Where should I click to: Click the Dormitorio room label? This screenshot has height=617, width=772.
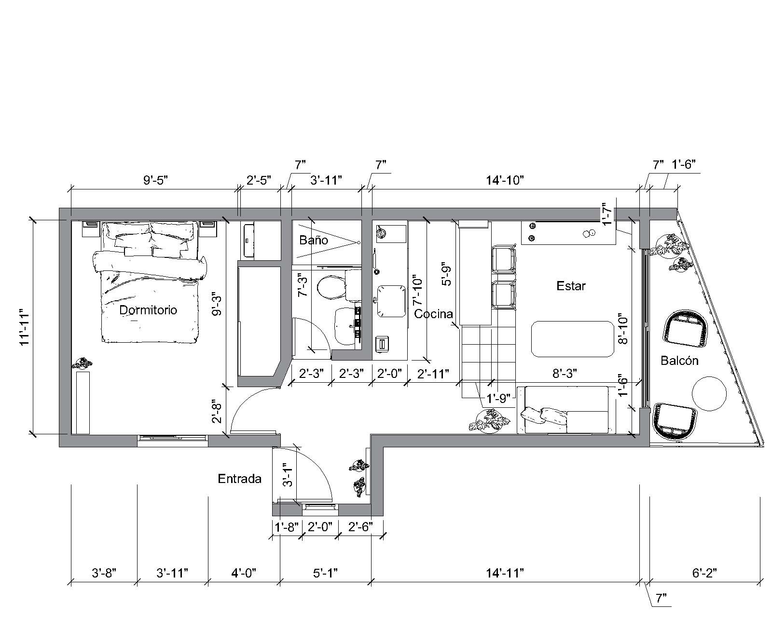tap(148, 310)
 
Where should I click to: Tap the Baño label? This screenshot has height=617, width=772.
tap(314, 240)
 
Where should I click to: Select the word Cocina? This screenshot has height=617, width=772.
tap(433, 314)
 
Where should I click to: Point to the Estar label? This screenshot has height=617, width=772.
tap(571, 286)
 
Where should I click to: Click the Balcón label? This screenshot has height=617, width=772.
tap(679, 360)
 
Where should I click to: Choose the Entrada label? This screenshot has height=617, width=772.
tap(240, 479)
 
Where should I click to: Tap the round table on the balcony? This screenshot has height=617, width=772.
tap(709, 394)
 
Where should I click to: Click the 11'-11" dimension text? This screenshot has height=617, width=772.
tap(25, 327)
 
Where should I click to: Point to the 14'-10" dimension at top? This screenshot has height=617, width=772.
tap(505, 180)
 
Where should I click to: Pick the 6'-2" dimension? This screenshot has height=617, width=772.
tap(704, 573)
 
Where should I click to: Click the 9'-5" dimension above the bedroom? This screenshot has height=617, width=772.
tap(156, 180)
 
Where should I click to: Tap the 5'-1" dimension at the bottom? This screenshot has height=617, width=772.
tap(325, 573)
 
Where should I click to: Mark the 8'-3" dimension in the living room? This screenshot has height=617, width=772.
tap(565, 374)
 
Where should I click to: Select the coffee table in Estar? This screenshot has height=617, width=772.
tap(573, 339)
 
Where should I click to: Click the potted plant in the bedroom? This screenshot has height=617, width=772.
tap(82, 363)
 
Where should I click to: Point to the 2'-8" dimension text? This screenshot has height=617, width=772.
tap(217, 412)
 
